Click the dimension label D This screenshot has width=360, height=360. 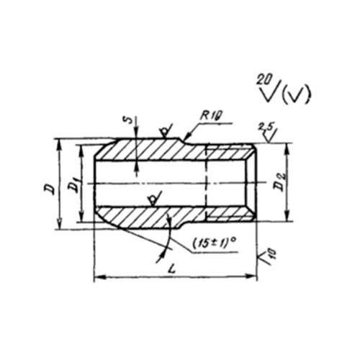point(49,189)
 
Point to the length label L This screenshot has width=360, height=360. point(171,270)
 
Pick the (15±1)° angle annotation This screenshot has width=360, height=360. point(213,243)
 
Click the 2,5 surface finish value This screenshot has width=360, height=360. point(264,127)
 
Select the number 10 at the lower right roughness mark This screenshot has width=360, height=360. point(273,253)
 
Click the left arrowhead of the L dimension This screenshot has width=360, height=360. point(99,277)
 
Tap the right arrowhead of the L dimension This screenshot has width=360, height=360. point(251,277)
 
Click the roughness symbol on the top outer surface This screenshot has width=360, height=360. point(166,131)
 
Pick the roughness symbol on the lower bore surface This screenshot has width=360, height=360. point(154,199)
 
